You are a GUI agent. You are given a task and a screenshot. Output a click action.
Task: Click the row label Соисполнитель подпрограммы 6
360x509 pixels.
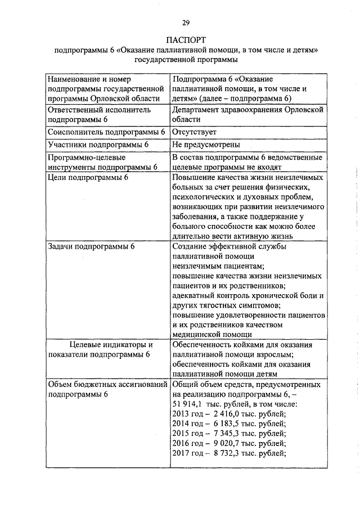pyautogui.click(x=106, y=132)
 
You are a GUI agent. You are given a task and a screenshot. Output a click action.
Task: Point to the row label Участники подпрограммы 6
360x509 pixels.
pyautogui.click(x=98, y=145)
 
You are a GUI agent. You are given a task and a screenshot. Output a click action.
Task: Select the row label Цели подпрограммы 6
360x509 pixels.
pyautogui.click(x=89, y=178)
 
